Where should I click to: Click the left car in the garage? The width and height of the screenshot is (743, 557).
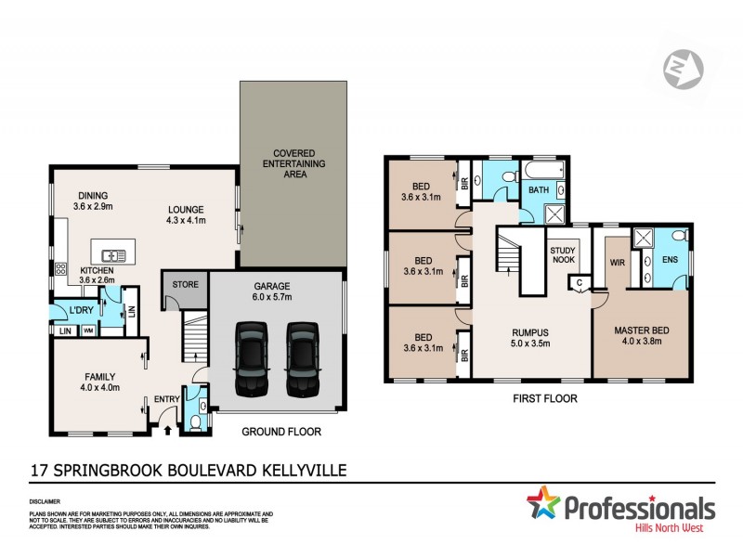pyautogui.click(x=251, y=357)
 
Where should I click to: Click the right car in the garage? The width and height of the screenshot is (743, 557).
pyautogui.click(x=301, y=357)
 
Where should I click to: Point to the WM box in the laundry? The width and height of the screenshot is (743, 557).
pyautogui.click(x=89, y=330)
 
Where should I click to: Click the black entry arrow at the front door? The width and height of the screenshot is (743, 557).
pyautogui.click(x=166, y=429)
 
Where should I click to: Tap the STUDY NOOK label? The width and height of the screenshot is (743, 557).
pyautogui.click(x=563, y=255)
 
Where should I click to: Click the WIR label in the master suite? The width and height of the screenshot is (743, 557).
pyautogui.click(x=615, y=263)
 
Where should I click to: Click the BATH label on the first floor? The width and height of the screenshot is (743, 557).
pyautogui.click(x=539, y=190)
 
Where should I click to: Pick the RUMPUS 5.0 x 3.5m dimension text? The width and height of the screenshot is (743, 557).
pyautogui.click(x=531, y=341)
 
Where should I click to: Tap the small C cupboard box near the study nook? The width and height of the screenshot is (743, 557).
pyautogui.click(x=580, y=281)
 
